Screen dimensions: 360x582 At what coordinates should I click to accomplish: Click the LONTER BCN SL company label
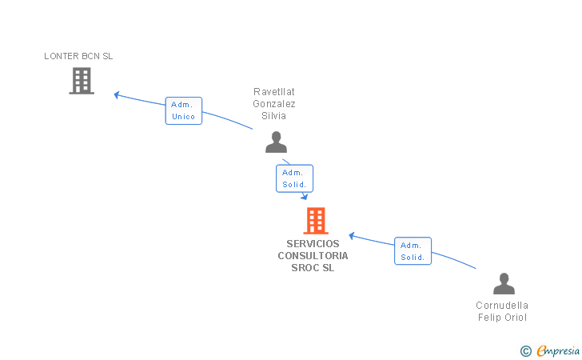[x=78, y=56]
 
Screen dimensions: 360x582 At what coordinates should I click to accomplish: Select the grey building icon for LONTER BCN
[x=82, y=81]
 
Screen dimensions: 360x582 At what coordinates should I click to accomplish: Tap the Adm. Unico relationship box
[x=183, y=110]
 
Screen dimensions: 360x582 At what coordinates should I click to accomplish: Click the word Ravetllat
[x=274, y=92]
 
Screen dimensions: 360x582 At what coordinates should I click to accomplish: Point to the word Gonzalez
[x=274, y=104]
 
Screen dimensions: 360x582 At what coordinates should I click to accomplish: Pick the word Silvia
[x=274, y=116]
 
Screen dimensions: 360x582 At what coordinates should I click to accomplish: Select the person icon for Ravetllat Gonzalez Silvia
[x=276, y=142]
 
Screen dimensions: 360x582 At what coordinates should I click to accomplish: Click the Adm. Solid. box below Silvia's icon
[x=294, y=178]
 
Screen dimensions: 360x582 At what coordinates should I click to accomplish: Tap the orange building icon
[x=316, y=221]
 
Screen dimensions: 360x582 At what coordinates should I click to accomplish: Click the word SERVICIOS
[x=313, y=244]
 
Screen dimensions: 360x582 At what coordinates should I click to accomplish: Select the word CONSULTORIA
[x=313, y=256]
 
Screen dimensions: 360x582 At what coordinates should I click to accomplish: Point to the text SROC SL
[x=313, y=268]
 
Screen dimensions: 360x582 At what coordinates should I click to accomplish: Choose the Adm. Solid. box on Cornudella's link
[x=413, y=251]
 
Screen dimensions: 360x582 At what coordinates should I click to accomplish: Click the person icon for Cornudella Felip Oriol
[x=504, y=284]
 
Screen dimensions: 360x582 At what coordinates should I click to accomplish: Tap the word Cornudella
[x=502, y=306]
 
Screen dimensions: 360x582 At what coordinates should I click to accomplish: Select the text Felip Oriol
[x=502, y=318]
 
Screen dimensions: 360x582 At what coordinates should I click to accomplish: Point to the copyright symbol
[x=525, y=350]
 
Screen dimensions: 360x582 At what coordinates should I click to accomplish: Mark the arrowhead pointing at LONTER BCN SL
[x=117, y=94]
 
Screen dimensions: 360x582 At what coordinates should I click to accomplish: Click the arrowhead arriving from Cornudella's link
[x=352, y=236]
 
